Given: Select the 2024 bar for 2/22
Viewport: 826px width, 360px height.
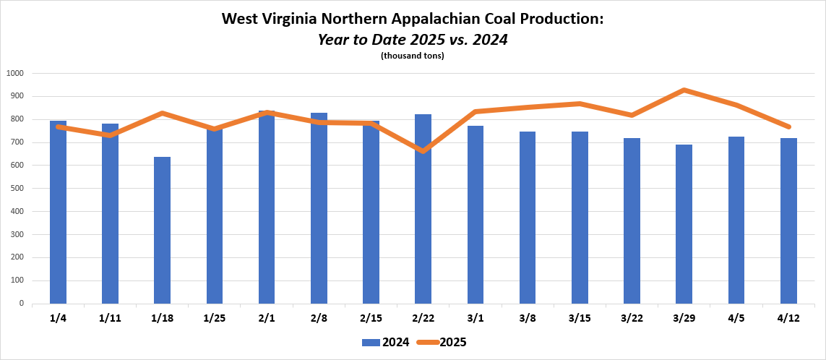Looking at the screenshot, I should tap(423, 217).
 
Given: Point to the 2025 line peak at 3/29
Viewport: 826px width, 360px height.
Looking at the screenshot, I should tap(684, 90).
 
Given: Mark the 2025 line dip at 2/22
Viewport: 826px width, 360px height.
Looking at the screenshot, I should tap(423, 151).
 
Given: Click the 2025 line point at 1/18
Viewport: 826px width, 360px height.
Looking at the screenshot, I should tap(162, 113).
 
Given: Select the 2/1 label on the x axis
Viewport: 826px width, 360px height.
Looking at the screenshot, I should tap(267, 318).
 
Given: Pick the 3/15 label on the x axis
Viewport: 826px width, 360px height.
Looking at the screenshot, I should tap(580, 318).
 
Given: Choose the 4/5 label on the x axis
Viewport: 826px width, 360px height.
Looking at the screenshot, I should tap(736, 318).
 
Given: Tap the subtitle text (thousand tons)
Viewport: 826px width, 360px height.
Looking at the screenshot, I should tap(412, 56).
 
